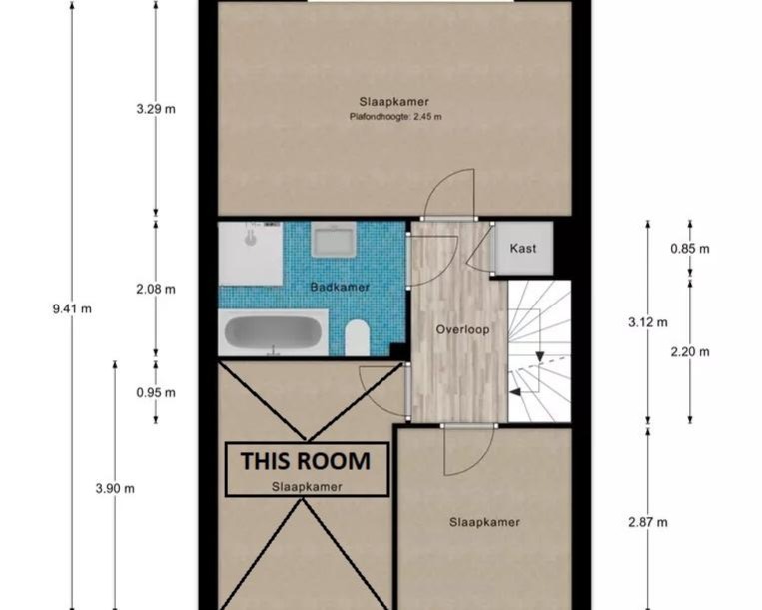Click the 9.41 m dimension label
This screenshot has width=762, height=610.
[72, 308]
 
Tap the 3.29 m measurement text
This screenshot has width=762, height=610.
[156, 109]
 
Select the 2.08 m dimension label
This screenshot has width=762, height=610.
[156, 289]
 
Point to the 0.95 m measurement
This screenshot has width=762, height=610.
[156, 392]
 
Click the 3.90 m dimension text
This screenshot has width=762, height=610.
[115, 488]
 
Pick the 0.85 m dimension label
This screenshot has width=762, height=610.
[690, 249]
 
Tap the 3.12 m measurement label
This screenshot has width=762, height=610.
[648, 322]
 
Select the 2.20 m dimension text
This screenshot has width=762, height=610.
[690, 351]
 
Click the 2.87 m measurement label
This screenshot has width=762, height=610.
[648, 522]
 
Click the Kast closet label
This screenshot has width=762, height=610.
[523, 249]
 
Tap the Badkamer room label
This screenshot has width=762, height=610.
[340, 288]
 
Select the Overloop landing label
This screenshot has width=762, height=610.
[462, 330]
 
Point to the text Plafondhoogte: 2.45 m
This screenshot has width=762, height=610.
[395, 117]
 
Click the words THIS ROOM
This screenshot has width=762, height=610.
[306, 461]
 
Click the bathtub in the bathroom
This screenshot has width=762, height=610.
[273, 332]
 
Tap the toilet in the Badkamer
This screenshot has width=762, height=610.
[358, 338]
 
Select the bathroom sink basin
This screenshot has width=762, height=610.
[334, 240]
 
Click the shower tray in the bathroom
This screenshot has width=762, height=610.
[250, 253]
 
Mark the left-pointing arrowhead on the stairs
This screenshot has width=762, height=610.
[515, 392]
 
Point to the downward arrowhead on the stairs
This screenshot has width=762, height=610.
[540, 357]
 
